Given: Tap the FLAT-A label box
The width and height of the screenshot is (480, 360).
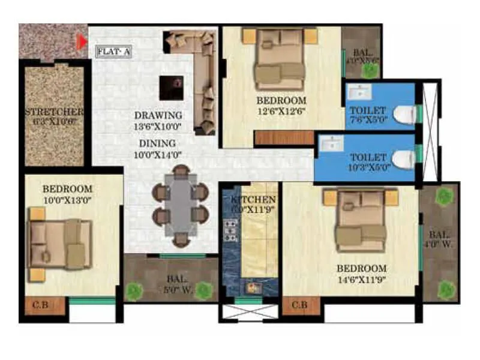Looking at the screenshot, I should point(113,52).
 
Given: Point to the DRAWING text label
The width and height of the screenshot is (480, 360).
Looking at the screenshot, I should point(158,115).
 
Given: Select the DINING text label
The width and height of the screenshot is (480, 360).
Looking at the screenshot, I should point(157,143).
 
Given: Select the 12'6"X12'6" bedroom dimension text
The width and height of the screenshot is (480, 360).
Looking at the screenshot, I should point(281,112).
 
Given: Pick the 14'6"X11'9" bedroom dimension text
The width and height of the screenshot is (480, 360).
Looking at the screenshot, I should point(361,279).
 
